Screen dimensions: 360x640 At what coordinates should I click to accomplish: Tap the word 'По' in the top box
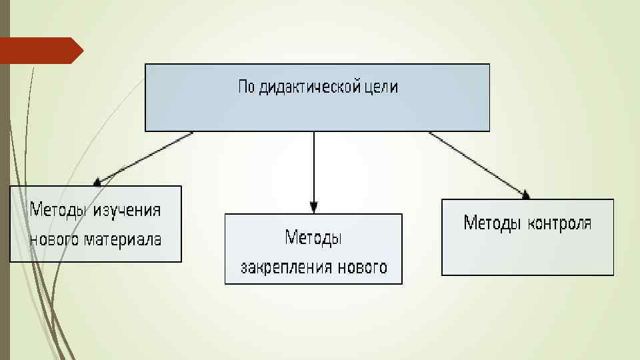coord(246,87)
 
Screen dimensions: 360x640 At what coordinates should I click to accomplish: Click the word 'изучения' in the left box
coord(127,210)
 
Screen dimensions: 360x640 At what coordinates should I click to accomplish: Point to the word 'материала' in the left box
coord(123,239)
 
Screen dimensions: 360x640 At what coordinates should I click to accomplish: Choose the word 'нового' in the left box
coord(54,239)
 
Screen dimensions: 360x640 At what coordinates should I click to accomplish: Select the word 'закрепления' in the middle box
coord(276,267)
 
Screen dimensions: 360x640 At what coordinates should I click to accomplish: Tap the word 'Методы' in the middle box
coord(313,237)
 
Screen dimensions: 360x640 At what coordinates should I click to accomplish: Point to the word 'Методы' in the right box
coord(492,223)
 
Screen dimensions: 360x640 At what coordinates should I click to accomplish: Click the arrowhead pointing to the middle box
coord(314,207)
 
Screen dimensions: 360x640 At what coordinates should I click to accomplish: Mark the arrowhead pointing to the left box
coord(98,180)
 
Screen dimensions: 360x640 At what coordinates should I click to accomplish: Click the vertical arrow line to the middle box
coord(314,167)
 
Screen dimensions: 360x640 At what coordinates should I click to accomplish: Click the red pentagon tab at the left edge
coord(40,51)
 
